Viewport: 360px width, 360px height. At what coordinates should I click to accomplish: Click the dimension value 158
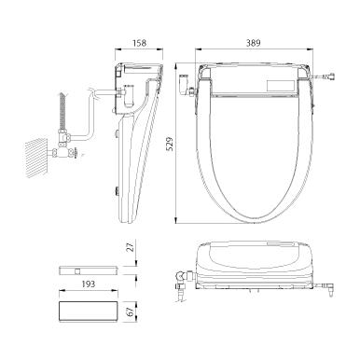pyautogui.click(x=139, y=43)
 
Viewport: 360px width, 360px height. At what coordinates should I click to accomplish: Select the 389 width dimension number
pyautogui.click(x=253, y=43)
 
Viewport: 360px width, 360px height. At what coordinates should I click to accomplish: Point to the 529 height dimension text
pyautogui.click(x=170, y=144)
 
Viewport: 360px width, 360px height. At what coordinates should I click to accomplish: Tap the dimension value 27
pyautogui.click(x=131, y=246)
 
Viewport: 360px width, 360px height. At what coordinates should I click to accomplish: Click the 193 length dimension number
pyautogui.click(x=88, y=284)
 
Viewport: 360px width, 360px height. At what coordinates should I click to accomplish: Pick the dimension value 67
pyautogui.click(x=131, y=312)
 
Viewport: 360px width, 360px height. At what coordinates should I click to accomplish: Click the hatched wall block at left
pyautogui.click(x=36, y=159)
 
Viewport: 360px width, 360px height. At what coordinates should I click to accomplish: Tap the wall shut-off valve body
pyautogui.click(x=63, y=147)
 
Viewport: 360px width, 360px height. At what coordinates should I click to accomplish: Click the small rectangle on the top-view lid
pyautogui.click(x=281, y=86)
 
